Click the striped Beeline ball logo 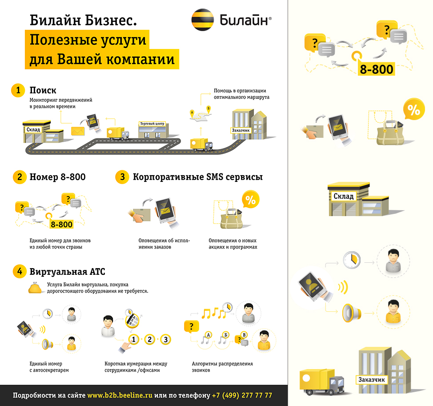click(202, 20)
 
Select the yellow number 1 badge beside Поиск click(18, 90)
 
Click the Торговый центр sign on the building click(152, 124)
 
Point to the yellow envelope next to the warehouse click(78, 131)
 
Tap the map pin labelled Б click(208, 109)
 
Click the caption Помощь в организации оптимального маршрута click(241, 94)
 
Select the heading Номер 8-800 click(57, 177)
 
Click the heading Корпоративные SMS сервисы click(198, 177)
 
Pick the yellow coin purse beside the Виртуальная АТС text click(35, 288)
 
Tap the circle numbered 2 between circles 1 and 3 click(150, 339)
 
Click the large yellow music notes click(214, 313)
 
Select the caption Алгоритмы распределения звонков click(222, 367)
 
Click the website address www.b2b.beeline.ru click(120, 395)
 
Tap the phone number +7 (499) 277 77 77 click(242, 395)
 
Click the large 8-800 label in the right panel click(377, 69)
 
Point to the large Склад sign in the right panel click(343, 196)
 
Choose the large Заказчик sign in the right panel click(371, 380)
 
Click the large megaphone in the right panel click(352, 313)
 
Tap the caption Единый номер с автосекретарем click(49, 367)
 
